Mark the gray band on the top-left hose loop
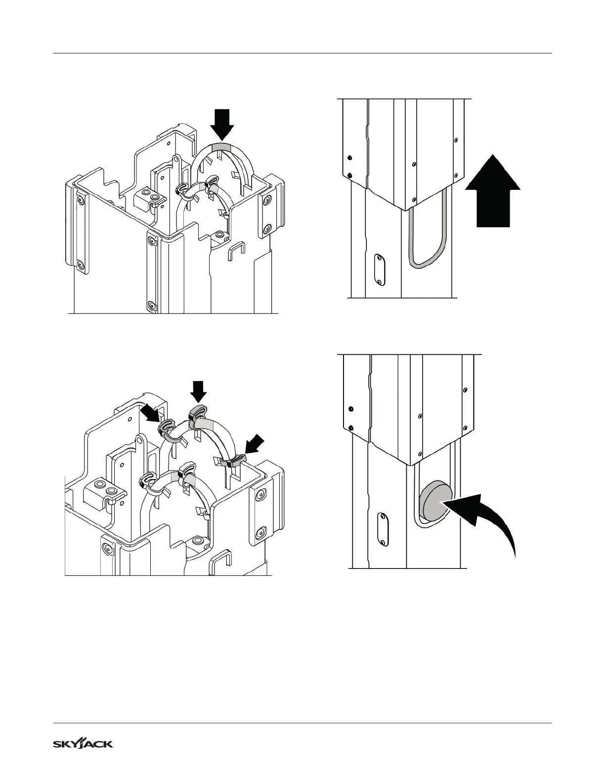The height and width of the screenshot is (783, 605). point(220,147)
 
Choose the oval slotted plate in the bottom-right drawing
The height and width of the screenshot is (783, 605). point(383,529)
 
